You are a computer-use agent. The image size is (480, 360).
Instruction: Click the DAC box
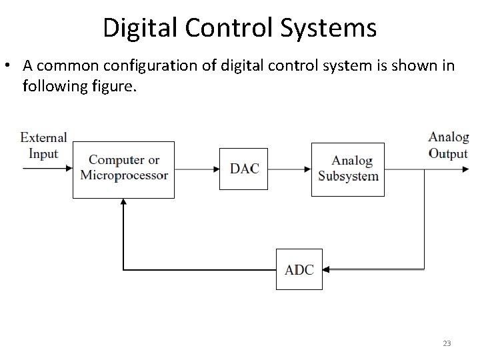point(244,169)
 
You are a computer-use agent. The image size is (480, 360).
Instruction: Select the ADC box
point(299,269)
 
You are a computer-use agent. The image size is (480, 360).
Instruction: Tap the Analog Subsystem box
point(347,169)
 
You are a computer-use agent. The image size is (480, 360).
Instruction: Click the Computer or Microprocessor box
point(123,169)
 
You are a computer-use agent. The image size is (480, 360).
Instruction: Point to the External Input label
point(44,145)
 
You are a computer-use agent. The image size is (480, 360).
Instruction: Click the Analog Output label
point(448,145)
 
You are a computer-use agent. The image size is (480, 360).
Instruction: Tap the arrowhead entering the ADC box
point(327,270)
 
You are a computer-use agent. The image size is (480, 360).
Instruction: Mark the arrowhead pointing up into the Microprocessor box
point(123,203)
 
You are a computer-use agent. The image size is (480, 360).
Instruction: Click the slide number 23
point(447,343)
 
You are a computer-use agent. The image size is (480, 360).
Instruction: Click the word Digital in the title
point(139,28)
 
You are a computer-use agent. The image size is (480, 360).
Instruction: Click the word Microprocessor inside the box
point(124,176)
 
